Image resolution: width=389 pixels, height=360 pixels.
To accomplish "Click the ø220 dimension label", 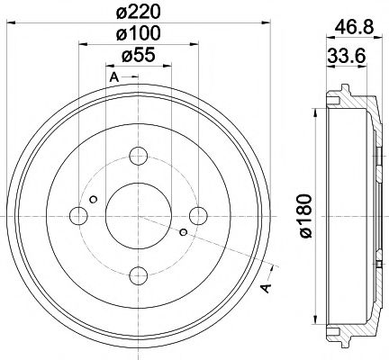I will (x=137, y=12).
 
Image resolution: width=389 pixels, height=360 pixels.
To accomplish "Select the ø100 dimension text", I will (x=137, y=35).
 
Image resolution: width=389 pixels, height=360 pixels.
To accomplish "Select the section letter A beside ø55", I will (x=113, y=78).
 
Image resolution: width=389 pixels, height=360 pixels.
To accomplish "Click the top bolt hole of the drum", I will (x=138, y=154).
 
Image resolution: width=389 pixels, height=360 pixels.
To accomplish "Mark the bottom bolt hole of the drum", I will (x=138, y=274).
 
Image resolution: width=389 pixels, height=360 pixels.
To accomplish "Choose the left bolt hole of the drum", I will (x=78, y=214).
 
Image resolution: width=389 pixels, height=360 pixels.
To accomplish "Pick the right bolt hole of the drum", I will (x=198, y=214).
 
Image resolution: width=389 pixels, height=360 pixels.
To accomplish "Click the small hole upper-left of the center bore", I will (x=94, y=198).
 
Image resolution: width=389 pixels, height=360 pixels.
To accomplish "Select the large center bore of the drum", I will (x=138, y=214).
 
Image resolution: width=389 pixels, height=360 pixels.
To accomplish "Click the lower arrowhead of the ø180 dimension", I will (x=315, y=317).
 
